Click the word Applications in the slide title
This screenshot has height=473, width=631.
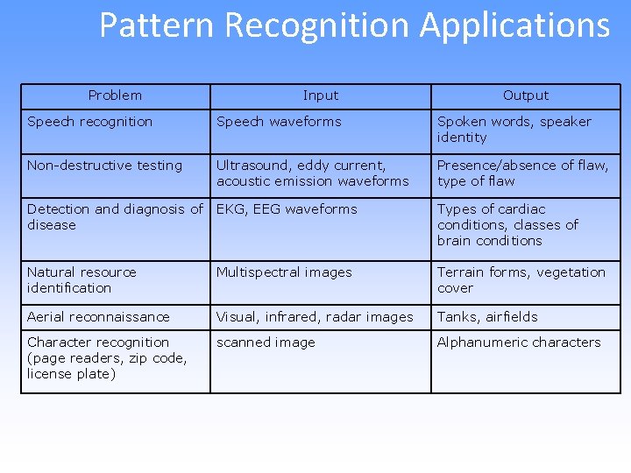tap(514, 25)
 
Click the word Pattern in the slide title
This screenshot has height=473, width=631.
tap(156, 25)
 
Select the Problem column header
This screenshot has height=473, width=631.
tap(115, 95)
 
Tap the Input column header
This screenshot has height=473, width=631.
tap(320, 95)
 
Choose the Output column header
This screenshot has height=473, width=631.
tap(525, 95)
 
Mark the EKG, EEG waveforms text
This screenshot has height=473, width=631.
tap(287, 209)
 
